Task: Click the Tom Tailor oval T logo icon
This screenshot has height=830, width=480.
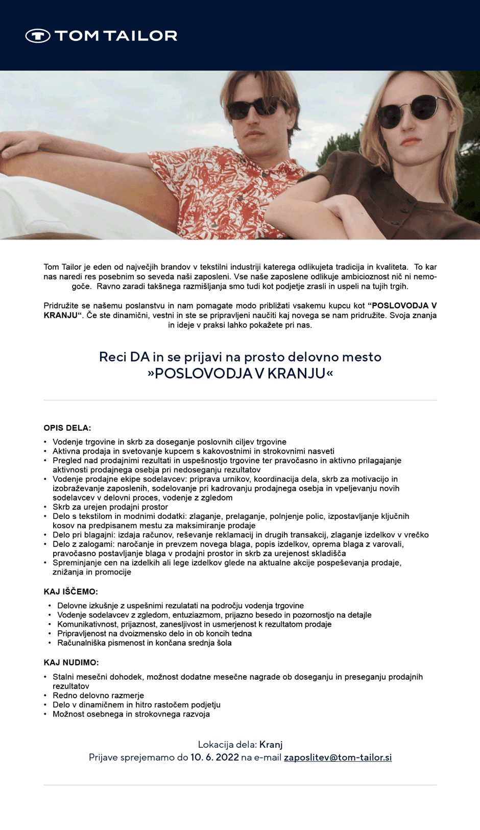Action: (38, 36)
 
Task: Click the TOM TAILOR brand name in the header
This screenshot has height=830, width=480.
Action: (116, 36)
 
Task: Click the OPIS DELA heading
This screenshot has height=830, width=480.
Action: (67, 428)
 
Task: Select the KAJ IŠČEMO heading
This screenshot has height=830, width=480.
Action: (70, 591)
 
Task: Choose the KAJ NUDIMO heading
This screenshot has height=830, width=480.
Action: (71, 662)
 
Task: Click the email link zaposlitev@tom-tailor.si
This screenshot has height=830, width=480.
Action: (338, 757)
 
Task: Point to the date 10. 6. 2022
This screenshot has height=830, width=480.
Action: (214, 757)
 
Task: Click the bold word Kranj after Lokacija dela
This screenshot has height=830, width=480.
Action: (271, 745)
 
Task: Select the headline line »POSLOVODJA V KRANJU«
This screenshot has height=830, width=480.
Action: (240, 373)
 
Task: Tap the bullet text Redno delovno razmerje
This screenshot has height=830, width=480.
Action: (98, 696)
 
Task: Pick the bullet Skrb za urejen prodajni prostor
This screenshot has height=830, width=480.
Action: (110, 507)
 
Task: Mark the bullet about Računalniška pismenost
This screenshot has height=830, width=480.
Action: (144, 643)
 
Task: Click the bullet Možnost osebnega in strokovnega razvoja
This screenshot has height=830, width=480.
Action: (131, 714)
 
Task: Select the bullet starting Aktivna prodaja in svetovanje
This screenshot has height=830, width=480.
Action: (193, 452)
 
